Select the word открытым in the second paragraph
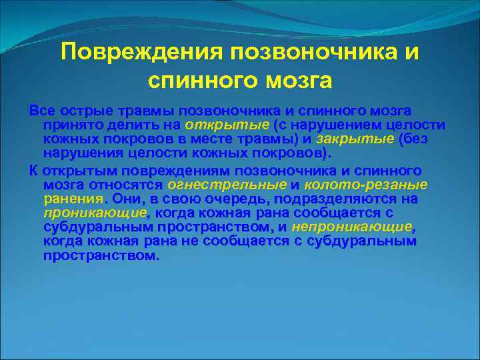coord(72,170)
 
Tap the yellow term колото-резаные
coord(366,185)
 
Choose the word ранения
coord(72,199)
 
